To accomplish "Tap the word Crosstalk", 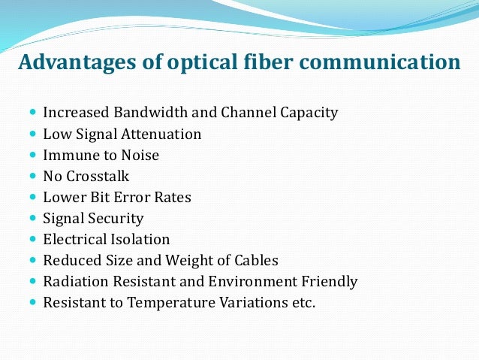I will pos(97,177).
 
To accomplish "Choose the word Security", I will pos(117,219).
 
